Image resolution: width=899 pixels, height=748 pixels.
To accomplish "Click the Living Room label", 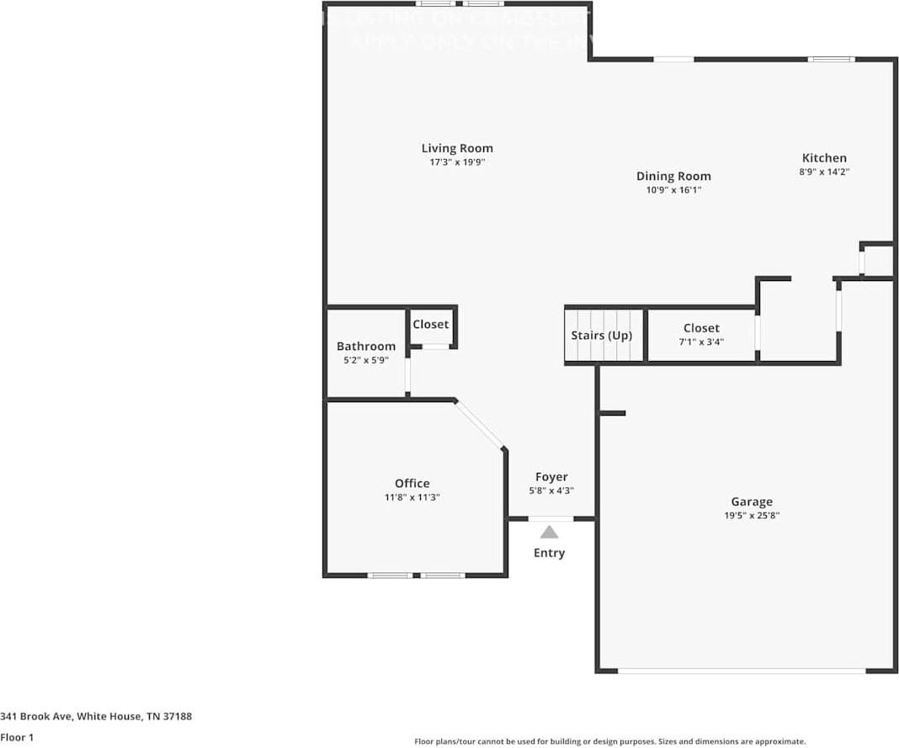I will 457,148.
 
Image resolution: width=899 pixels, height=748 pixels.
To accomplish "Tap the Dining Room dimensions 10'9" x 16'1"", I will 673,190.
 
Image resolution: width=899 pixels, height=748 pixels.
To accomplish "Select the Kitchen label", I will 823,157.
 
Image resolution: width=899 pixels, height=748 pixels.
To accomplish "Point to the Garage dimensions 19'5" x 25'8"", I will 751,516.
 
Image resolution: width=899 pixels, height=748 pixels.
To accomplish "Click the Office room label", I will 412,483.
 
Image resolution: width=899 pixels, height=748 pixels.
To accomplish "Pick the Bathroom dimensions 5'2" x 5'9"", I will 366,360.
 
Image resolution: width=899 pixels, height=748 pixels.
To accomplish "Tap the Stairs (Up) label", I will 601,335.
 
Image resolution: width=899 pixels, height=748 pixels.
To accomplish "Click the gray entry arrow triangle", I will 549,532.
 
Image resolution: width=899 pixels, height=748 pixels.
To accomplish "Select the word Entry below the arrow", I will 549,553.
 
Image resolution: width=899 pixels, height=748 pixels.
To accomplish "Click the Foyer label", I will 551,476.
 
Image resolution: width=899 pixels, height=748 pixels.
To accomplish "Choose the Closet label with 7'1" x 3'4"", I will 701,328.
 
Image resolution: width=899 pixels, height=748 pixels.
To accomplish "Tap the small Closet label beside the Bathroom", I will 430,324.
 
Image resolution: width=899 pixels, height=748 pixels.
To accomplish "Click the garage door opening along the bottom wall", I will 741,671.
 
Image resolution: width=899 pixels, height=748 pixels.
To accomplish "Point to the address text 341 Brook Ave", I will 96,716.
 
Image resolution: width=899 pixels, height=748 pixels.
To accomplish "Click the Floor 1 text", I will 17,737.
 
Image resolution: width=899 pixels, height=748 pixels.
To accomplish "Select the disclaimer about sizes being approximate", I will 609,741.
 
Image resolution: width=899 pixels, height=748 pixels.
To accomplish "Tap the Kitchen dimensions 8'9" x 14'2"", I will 823,172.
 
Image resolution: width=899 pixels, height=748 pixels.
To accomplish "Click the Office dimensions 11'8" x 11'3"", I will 412,497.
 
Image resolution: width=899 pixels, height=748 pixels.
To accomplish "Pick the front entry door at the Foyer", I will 551,518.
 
